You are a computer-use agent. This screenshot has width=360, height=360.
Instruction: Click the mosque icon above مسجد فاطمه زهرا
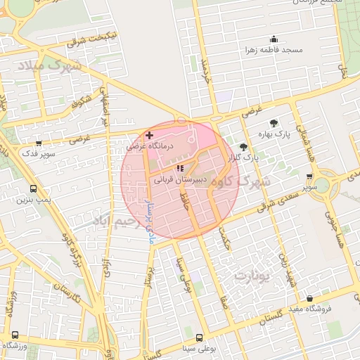[x=273, y=39]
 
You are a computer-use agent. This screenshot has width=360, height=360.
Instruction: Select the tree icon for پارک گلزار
[x=244, y=147]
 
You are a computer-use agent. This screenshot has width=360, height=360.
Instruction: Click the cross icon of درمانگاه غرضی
[x=149, y=134]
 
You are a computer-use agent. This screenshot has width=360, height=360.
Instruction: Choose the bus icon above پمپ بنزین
[x=34, y=189]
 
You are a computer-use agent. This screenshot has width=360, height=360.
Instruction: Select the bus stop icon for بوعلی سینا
[x=199, y=337]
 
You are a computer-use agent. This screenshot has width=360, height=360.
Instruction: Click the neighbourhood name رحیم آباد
[x=111, y=221]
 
